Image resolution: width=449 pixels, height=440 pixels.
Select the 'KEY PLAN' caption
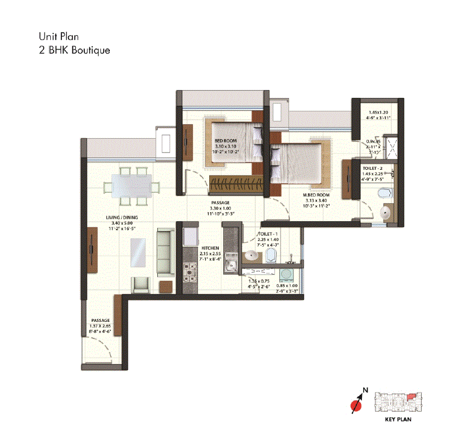[x=398, y=419]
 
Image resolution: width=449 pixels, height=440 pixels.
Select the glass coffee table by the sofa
[x=138, y=255]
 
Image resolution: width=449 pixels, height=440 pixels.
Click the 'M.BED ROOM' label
[x=317, y=195]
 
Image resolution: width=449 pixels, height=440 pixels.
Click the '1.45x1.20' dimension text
[x=378, y=112]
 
